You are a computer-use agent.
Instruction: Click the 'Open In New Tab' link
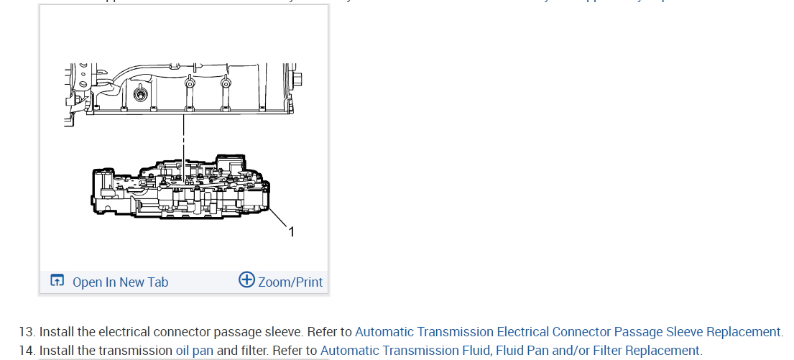click(x=120, y=282)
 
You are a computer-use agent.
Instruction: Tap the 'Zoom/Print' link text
click(x=290, y=282)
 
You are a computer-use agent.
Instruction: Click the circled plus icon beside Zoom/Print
click(x=246, y=280)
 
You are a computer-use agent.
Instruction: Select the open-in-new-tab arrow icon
click(x=57, y=281)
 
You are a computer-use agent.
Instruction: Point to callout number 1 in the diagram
click(x=292, y=231)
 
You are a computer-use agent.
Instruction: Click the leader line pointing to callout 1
click(x=280, y=218)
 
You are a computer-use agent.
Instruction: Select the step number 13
click(x=26, y=332)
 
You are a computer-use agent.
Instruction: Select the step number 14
click(x=26, y=351)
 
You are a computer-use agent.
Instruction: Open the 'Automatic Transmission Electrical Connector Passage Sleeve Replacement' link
click(x=568, y=332)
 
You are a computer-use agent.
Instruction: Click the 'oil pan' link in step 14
click(x=195, y=351)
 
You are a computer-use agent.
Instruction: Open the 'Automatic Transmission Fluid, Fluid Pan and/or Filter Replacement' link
click(x=510, y=351)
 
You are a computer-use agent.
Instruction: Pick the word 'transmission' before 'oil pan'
click(x=137, y=351)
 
